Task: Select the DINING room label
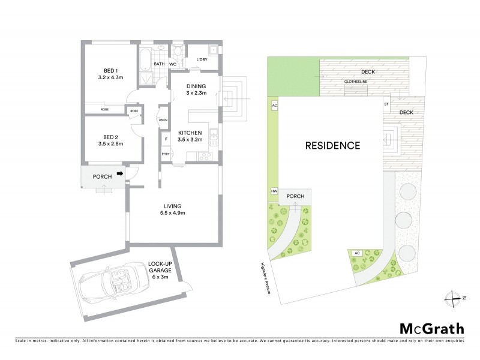point(196,89)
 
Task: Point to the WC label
point(172,63)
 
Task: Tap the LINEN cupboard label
point(162,120)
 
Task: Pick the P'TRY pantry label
point(165,154)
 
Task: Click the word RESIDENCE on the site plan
point(332,145)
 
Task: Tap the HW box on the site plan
point(274,191)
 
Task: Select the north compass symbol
point(451,297)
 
